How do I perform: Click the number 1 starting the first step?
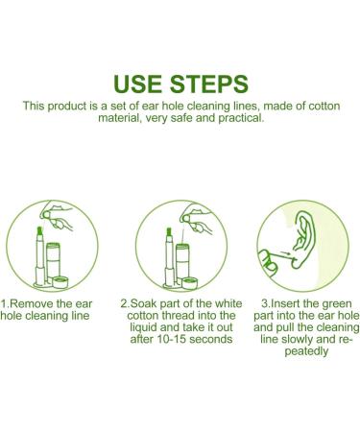[5, 302]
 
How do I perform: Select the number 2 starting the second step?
[126, 302]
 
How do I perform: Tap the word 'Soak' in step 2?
[146, 302]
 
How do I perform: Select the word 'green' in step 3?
[326, 302]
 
